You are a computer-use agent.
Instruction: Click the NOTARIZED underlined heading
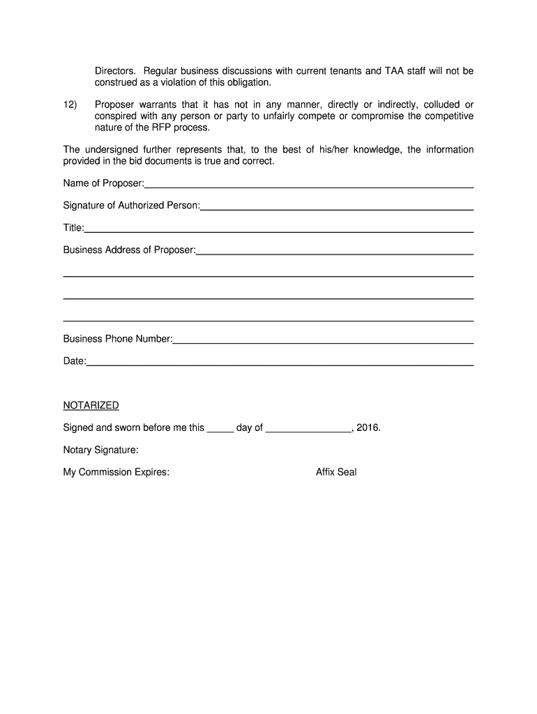(91, 406)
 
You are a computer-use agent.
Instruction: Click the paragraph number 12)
(70, 105)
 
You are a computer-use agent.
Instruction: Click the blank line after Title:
(279, 231)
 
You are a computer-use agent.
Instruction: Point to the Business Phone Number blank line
(323, 342)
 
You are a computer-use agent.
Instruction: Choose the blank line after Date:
(280, 365)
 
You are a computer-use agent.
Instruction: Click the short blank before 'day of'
(220, 431)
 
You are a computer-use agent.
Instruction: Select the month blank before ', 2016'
(309, 431)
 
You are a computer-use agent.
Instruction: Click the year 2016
(368, 428)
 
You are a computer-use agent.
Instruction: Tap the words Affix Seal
(336, 473)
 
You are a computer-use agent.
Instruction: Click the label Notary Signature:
(101, 450)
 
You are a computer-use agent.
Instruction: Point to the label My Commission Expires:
(116, 473)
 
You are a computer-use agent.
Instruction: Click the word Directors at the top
(116, 71)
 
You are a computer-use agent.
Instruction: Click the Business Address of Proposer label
(129, 250)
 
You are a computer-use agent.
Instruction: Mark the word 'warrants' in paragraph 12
(159, 105)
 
